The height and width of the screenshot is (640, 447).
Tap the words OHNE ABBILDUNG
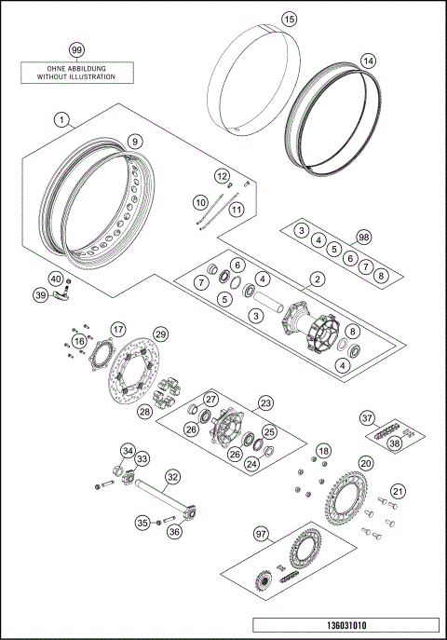77,68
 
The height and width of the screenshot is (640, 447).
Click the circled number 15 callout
289,19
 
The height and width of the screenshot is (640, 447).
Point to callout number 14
368,61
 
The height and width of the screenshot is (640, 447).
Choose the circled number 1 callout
61,120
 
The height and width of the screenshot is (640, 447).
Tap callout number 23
266,403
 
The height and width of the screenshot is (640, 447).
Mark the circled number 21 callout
398,491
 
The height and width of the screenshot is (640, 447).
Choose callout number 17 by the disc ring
117,329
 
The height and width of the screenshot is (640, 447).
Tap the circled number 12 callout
222,176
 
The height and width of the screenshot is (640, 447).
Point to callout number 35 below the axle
143,523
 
